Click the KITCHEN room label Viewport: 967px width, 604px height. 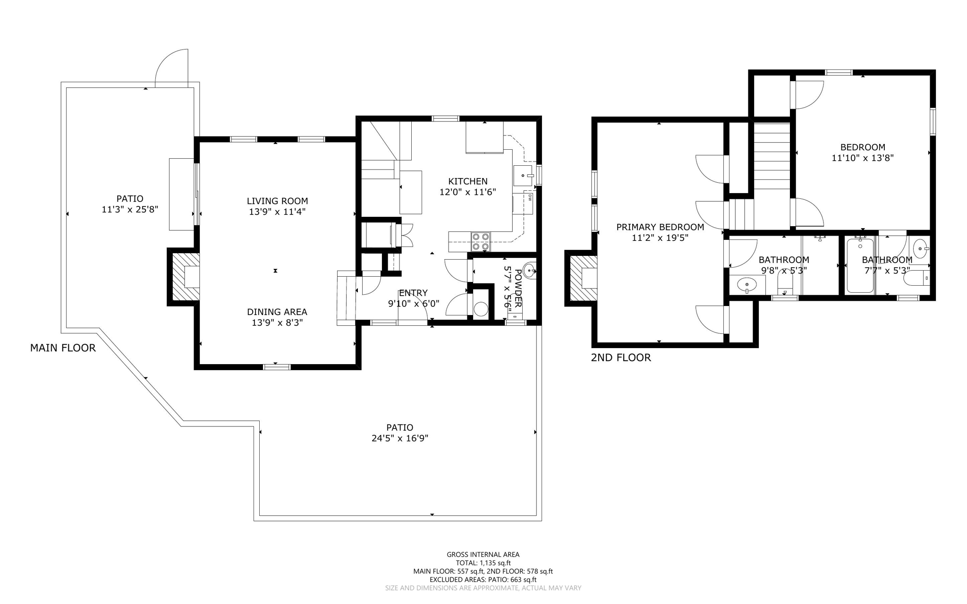467,181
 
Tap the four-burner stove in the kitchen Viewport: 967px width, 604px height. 481,241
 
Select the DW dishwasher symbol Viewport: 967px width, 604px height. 530,198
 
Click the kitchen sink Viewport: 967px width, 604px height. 523,175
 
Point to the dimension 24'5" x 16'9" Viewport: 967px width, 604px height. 399,438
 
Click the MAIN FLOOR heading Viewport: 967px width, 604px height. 63,348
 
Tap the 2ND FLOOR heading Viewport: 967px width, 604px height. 620,357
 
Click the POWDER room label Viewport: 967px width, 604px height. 518,288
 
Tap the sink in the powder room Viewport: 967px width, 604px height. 530,271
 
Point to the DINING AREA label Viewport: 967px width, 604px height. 277,312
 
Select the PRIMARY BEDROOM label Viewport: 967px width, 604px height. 660,227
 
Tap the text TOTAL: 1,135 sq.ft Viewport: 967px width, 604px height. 483,563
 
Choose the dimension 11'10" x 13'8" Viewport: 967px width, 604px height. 862,158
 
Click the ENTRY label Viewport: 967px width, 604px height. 413,293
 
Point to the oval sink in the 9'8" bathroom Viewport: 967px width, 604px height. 746,285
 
